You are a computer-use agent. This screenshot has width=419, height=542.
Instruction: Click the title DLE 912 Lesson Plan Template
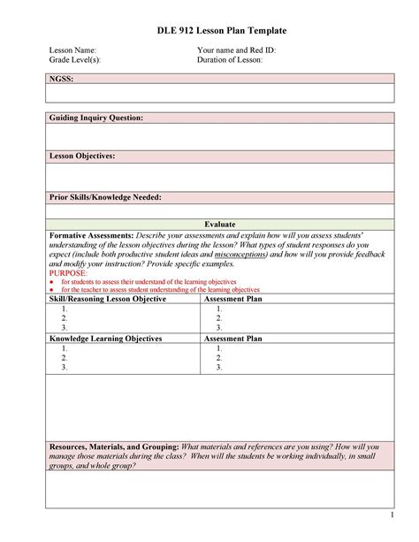(209, 31)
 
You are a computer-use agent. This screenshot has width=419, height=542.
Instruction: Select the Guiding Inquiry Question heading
(95, 118)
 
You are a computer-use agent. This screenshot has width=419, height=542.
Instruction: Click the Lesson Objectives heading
(81, 156)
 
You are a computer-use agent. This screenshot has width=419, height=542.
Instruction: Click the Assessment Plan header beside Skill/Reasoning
(233, 299)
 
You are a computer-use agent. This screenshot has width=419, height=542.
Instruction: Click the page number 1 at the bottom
(389, 515)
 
